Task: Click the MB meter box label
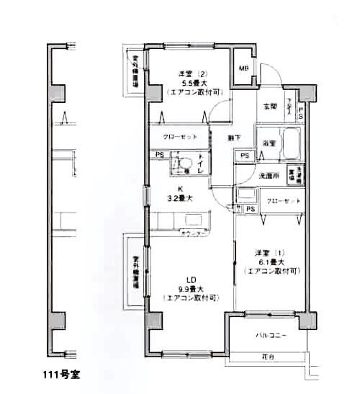pyautogui.click(x=243, y=68)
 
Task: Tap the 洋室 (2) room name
pyautogui.click(x=192, y=73)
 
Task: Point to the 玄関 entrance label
pyautogui.click(x=270, y=107)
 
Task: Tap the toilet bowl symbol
pyautogui.click(x=185, y=164)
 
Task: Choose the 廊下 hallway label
pyautogui.click(x=234, y=137)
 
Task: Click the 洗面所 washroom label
pyautogui.click(x=269, y=175)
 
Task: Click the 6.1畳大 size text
pyautogui.click(x=271, y=262)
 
